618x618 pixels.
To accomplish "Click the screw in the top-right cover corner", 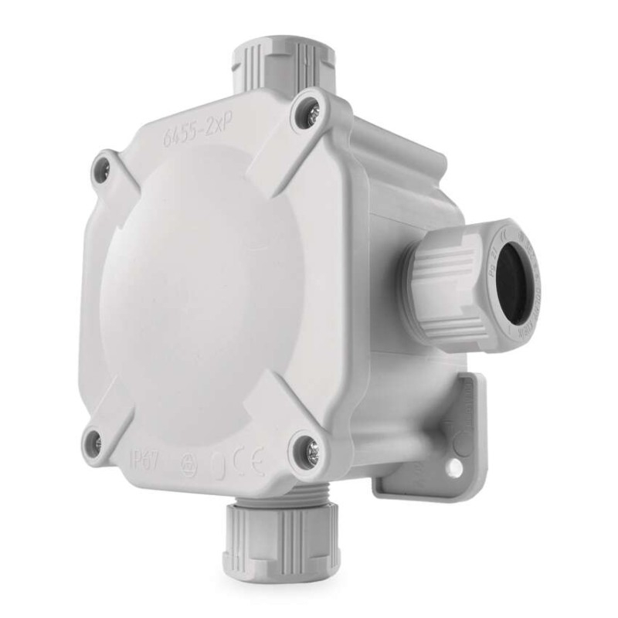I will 307,114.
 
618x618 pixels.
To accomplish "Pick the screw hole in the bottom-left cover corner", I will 94,441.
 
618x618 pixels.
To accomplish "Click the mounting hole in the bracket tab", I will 456,467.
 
